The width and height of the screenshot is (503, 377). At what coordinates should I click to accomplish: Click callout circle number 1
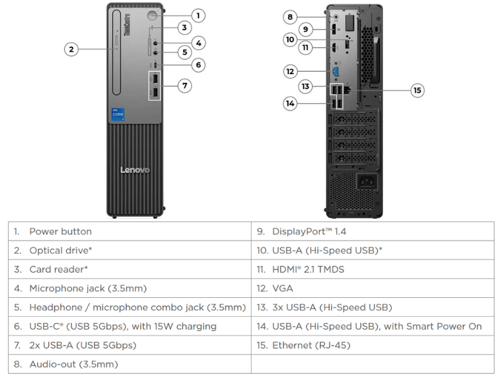click(x=198, y=15)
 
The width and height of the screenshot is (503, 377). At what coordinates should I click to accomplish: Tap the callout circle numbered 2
click(x=71, y=50)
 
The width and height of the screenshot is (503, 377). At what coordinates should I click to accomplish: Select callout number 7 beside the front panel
click(x=185, y=85)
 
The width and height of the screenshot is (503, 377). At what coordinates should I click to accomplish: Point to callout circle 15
click(x=417, y=90)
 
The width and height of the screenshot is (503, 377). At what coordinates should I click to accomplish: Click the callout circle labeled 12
click(x=290, y=71)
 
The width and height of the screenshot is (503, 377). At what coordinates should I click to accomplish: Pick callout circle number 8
click(x=290, y=17)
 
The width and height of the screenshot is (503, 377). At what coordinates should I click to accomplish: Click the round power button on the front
click(x=153, y=15)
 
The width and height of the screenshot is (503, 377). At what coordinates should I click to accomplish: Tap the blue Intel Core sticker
click(x=118, y=114)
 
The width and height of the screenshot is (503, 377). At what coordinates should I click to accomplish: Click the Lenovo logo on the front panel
click(x=135, y=170)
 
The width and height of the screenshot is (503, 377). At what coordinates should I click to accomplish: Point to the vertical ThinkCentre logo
click(x=127, y=25)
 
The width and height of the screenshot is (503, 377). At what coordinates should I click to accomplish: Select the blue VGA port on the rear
click(x=336, y=72)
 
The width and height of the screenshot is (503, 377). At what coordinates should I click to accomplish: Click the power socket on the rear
click(x=367, y=182)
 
